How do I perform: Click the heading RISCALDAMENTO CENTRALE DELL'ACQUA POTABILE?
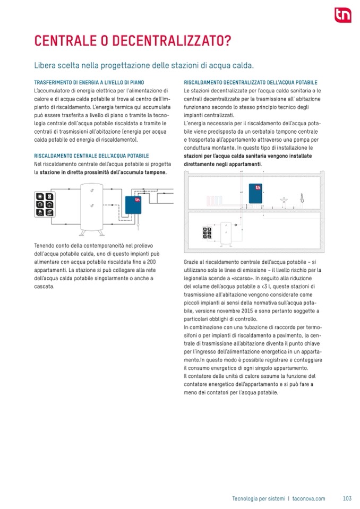[x=91, y=157]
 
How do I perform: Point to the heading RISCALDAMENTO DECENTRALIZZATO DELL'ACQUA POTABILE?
[x=251, y=83]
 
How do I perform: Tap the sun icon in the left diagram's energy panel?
[x=40, y=196]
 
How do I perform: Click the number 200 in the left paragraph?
[x=151, y=263]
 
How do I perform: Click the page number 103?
[x=347, y=498]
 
